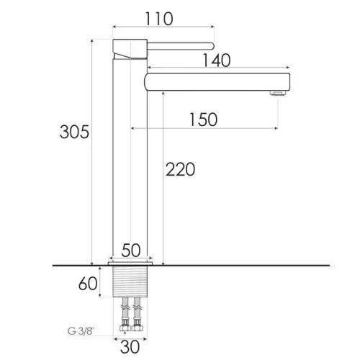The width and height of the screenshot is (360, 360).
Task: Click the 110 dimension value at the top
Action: click(x=159, y=19)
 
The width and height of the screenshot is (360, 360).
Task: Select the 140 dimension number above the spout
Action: click(x=217, y=60)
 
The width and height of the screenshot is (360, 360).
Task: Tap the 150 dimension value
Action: click(x=204, y=120)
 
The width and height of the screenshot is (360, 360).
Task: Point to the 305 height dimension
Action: click(x=74, y=132)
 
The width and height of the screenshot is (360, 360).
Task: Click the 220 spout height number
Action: click(x=180, y=169)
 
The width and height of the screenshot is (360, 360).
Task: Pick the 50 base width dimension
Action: click(x=131, y=251)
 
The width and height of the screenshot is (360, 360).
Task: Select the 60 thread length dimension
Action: click(x=88, y=284)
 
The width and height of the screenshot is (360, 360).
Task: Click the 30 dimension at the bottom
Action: click(x=130, y=347)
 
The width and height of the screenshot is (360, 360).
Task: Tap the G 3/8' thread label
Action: click(x=81, y=331)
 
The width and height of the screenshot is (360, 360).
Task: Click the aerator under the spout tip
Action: click(x=278, y=93)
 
